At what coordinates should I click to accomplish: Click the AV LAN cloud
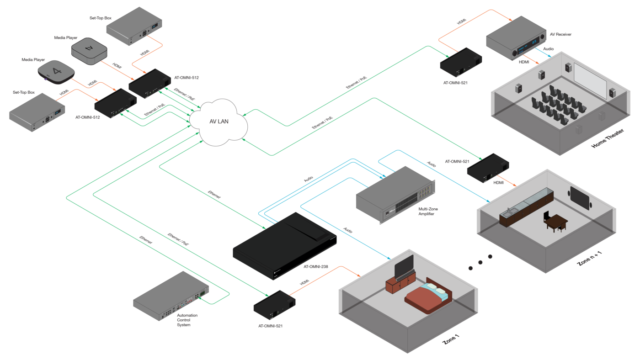(x=219, y=122)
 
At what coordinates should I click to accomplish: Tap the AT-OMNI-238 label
(x=316, y=267)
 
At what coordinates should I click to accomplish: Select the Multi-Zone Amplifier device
(x=396, y=195)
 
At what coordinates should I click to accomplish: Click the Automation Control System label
(x=187, y=320)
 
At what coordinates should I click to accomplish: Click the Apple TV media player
(x=89, y=51)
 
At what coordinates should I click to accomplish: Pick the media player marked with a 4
(x=56, y=72)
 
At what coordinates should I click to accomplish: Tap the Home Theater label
(x=608, y=138)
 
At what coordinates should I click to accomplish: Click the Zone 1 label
(x=451, y=339)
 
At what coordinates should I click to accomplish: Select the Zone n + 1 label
(x=590, y=259)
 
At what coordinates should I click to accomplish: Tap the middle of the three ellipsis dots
(x=480, y=262)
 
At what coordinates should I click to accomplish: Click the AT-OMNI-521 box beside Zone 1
(x=274, y=305)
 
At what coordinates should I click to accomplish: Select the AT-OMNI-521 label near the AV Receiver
(x=455, y=83)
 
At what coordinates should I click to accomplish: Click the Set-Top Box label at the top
(x=100, y=18)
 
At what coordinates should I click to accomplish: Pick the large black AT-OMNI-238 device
(x=284, y=246)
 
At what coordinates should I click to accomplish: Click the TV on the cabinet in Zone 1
(x=404, y=266)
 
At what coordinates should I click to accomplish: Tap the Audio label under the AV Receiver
(x=548, y=49)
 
